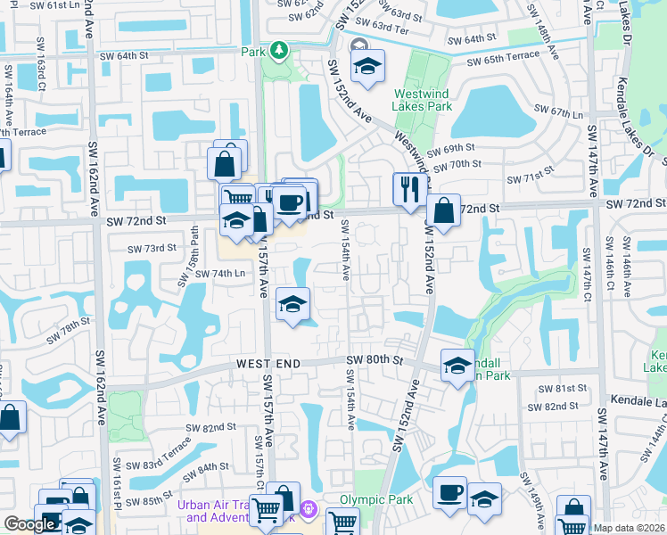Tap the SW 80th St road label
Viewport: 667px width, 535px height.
[x=375, y=361]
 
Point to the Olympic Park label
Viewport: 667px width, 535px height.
[x=375, y=499]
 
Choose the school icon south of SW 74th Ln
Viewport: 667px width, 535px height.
[x=292, y=306]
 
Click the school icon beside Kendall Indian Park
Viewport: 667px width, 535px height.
[x=457, y=366]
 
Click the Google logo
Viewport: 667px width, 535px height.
[x=29, y=524]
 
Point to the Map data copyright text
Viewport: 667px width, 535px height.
[x=629, y=528]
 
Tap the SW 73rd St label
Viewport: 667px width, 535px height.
[x=151, y=249]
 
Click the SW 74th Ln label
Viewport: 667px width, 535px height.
[x=220, y=274]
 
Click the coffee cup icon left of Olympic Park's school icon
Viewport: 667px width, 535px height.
[x=449, y=493]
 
